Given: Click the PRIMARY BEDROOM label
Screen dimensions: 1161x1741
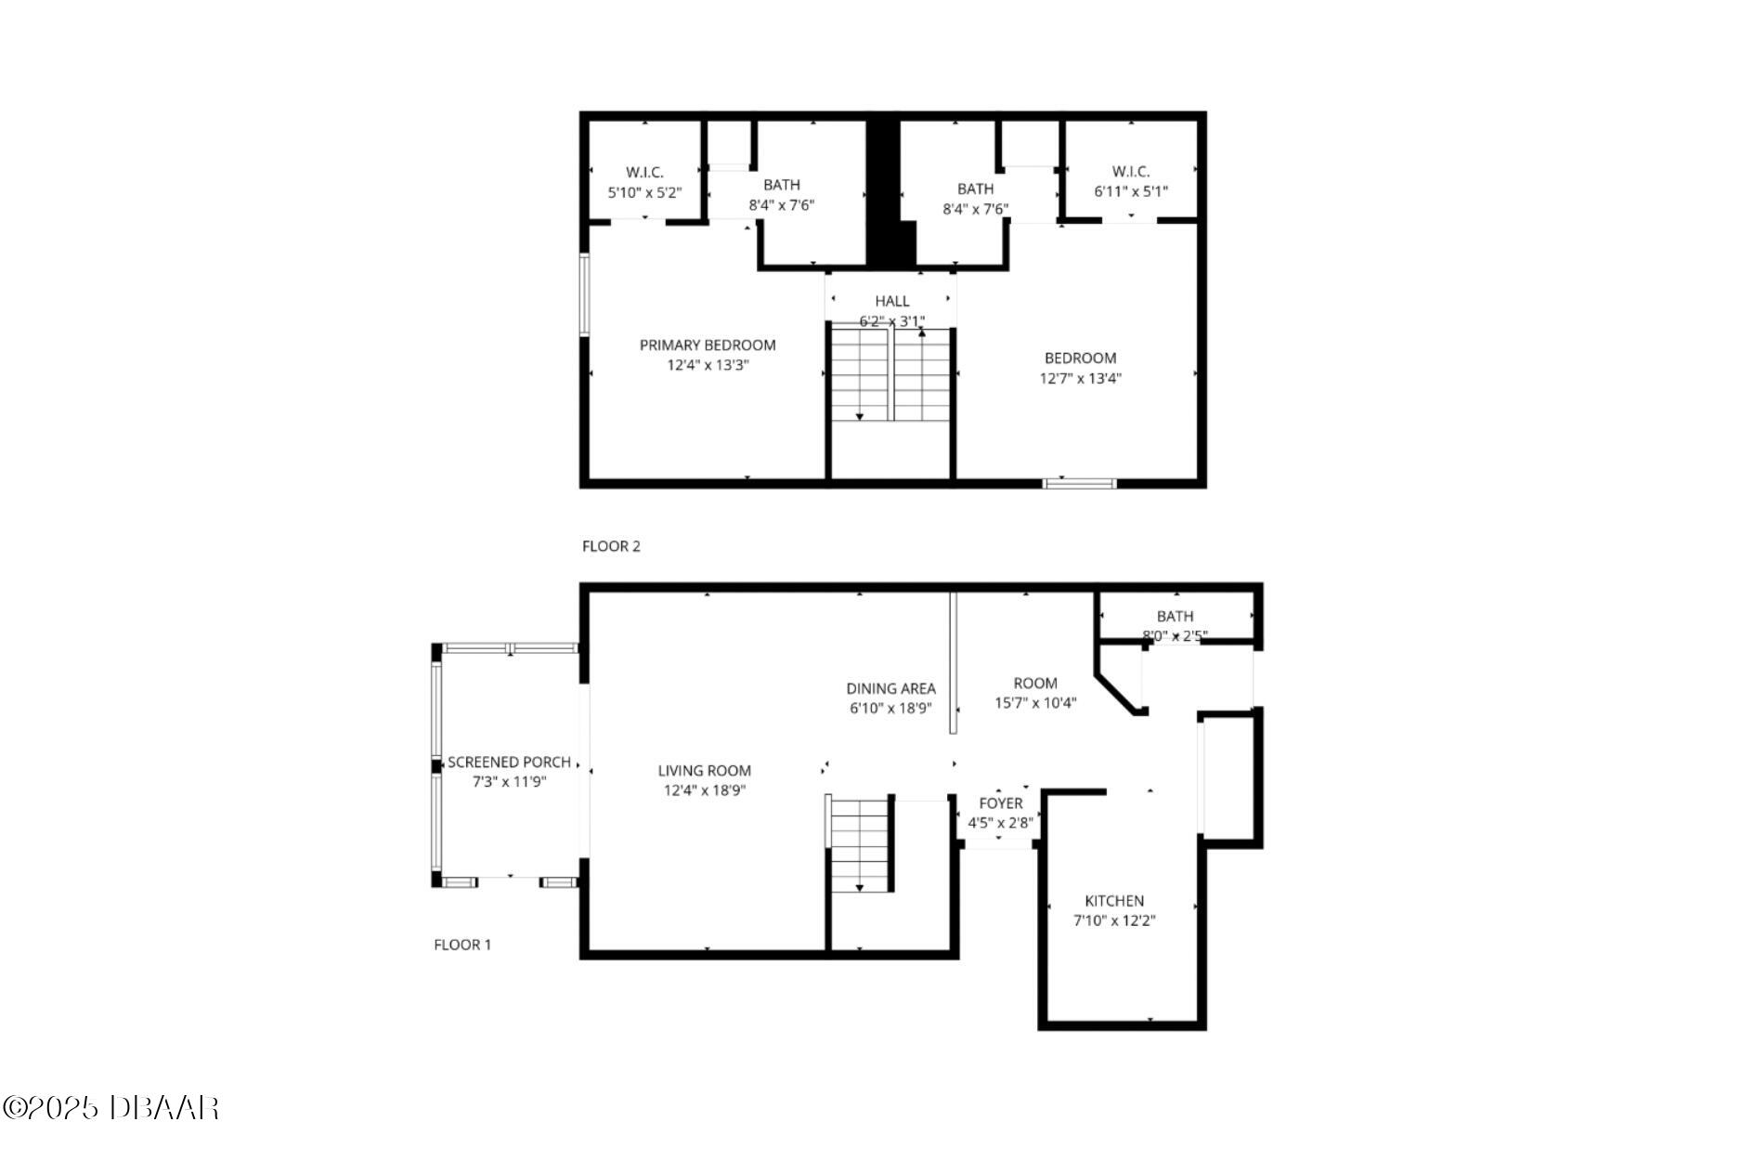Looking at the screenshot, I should pyautogui.click(x=708, y=345).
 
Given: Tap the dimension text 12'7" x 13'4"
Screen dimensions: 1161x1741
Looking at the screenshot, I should pyautogui.click(x=1080, y=378).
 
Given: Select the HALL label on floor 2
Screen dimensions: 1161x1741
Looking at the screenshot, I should pyautogui.click(x=891, y=301).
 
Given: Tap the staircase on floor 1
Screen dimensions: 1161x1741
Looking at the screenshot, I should pyautogui.click(x=860, y=844).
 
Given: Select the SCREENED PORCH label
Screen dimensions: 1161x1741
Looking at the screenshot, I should pyautogui.click(x=509, y=762).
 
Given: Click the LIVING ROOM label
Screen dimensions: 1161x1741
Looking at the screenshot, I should pyautogui.click(x=704, y=770).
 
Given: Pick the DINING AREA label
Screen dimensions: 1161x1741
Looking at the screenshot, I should pyautogui.click(x=890, y=688).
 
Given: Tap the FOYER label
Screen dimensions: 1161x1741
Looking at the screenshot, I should pyautogui.click(x=1000, y=802).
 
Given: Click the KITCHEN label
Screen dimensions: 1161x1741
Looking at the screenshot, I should pyautogui.click(x=1114, y=900).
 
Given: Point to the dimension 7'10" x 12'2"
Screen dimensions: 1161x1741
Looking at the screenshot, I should pyautogui.click(x=1114, y=920).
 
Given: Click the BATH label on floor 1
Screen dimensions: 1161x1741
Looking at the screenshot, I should pyautogui.click(x=1175, y=616).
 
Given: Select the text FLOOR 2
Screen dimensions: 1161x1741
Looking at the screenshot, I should pyautogui.click(x=611, y=546).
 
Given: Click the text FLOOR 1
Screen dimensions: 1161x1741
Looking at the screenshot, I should pyautogui.click(x=462, y=945).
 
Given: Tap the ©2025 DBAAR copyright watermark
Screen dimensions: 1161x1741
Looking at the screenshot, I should pyautogui.click(x=110, y=1107).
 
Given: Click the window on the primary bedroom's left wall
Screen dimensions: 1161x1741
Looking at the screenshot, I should pyautogui.click(x=585, y=294).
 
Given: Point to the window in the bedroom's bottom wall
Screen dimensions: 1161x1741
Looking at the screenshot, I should pyautogui.click(x=1080, y=483).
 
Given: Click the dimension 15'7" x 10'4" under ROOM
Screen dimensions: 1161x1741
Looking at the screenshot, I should pyautogui.click(x=1034, y=703).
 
